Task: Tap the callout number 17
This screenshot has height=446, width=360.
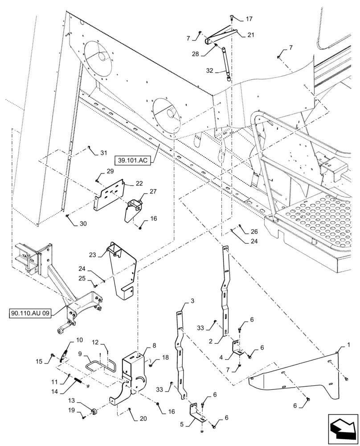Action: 249,19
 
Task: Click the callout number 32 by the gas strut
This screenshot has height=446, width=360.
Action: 209,71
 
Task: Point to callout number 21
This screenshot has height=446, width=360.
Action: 251,35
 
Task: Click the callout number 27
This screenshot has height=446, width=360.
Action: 153,191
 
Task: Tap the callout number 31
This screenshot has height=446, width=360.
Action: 104,153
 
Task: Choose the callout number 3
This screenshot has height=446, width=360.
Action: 192,302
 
